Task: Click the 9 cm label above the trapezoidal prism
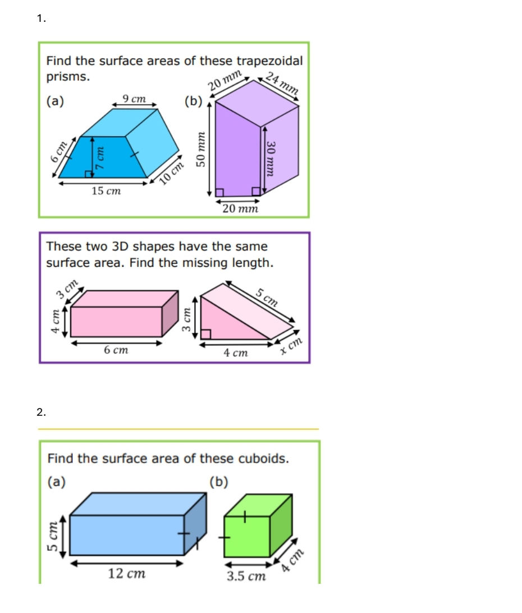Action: tap(135, 99)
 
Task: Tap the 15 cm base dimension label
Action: tap(106, 192)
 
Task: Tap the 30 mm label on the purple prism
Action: tap(272, 157)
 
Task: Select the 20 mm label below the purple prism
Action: tap(240, 209)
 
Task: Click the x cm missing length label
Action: tap(291, 346)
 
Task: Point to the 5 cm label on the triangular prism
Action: tap(267, 297)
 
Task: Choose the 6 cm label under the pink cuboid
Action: tap(116, 350)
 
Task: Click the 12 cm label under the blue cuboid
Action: tap(126, 573)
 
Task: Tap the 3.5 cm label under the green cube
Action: tap(246, 577)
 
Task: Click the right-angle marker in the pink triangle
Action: tap(206, 335)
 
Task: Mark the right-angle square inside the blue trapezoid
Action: tap(89, 173)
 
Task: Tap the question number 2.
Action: tap(41, 412)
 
